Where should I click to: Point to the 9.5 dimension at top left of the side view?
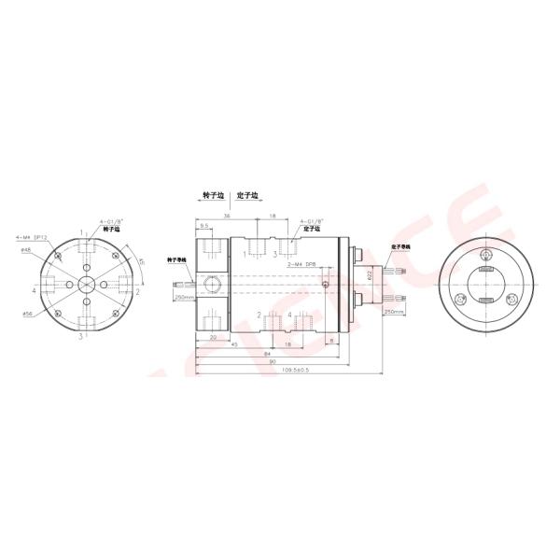203,225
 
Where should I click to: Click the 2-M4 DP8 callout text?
301,264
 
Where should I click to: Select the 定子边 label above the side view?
250,197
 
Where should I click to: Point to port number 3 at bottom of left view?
81,334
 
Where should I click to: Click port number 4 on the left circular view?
34,290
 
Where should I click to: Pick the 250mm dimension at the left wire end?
183,298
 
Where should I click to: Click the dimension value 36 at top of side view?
227,215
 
